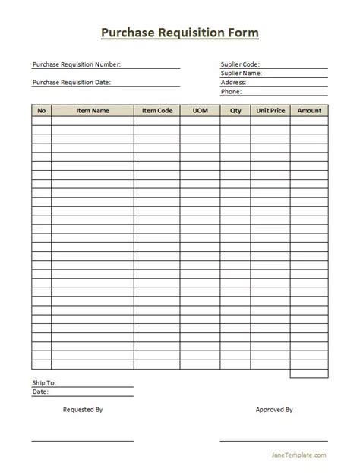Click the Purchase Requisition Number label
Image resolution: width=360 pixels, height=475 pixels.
[x=76, y=64]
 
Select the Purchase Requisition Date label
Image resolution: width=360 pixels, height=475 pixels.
[x=71, y=82]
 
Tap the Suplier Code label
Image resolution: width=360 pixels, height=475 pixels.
[x=240, y=64]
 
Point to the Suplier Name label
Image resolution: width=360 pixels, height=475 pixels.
[x=241, y=74]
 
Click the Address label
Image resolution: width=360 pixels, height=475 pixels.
[x=233, y=83]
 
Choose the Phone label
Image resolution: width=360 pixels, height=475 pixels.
[x=231, y=92]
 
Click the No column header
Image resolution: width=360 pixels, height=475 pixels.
[x=42, y=111]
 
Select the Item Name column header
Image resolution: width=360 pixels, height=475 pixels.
[x=93, y=111]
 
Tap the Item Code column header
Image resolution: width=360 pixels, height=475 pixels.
[x=157, y=111]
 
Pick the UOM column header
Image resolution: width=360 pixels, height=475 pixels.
[x=200, y=111]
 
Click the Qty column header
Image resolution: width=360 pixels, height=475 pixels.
[x=235, y=111]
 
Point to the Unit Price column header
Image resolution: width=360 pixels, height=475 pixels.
[x=271, y=111]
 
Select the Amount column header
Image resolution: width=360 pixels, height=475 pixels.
[x=309, y=111]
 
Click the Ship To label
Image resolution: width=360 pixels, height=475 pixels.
[x=44, y=383]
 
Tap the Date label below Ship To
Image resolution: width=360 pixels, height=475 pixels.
[x=40, y=392]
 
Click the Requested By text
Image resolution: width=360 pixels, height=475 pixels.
[x=83, y=410]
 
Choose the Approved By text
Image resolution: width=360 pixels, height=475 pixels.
[x=274, y=410]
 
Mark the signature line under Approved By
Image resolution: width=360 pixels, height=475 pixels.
[x=273, y=439]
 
